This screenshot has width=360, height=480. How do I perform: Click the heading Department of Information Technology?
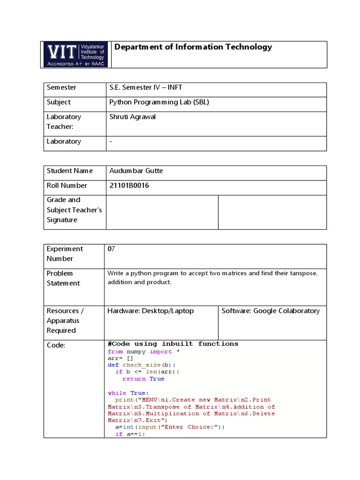coord(193,47)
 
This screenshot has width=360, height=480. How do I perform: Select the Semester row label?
coord(61,88)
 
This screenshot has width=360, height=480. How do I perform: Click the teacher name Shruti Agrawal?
coord(132,117)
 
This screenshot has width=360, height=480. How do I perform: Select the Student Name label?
coord(70,171)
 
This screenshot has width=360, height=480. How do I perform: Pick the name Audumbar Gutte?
coord(136,171)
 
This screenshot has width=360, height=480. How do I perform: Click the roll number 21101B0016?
coord(129,186)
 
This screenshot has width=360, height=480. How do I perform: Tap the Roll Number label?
coord(67,186)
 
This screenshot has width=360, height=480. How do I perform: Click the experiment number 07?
coord(112,249)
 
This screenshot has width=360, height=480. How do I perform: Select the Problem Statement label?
coord(63,278)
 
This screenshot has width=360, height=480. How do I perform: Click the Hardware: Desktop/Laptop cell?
coord(150,311)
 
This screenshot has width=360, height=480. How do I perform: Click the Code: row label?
coord(56,345)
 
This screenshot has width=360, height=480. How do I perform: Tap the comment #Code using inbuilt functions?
coord(173,344)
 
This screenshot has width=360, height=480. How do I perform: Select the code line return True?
coord(143,379)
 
